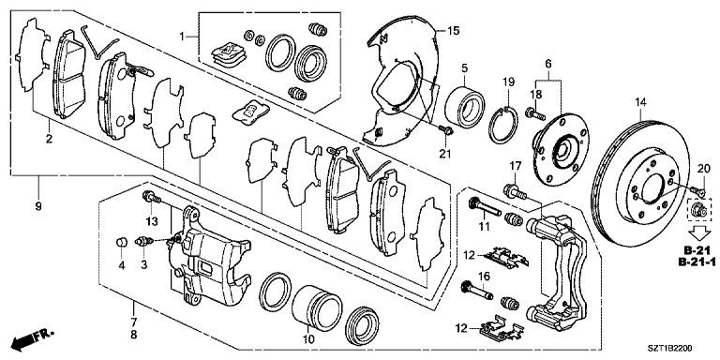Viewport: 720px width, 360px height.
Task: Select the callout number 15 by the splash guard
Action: [453, 32]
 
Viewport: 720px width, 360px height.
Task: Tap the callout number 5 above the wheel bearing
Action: [464, 68]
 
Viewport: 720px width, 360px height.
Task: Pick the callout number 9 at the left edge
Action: [38, 206]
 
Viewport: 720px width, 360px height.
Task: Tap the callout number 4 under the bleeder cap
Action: [120, 265]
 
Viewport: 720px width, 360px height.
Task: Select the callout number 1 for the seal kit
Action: [184, 36]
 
